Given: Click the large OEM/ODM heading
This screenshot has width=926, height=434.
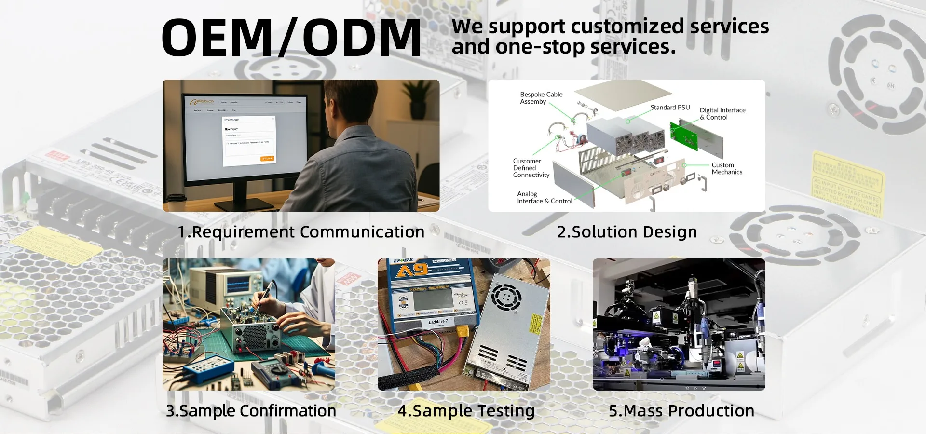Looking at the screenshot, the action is click(291, 38).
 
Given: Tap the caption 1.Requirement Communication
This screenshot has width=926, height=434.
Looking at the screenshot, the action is click(301, 232).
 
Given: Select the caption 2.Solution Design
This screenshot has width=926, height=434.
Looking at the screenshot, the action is click(626, 232).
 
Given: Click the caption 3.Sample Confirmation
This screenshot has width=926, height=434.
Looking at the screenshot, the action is click(251, 411).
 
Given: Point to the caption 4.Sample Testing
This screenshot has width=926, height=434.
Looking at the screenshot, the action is click(466, 411).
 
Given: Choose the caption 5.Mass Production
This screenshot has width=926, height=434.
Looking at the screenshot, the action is click(681, 411).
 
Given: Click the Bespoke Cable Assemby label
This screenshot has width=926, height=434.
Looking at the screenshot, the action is click(541, 98).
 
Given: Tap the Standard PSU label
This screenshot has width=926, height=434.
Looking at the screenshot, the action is click(670, 108).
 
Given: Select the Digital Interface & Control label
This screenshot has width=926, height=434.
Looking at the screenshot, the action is click(722, 114).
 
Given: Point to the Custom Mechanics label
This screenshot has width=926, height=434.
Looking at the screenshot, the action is click(726, 168).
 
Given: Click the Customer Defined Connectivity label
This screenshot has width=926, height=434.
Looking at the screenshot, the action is click(531, 168).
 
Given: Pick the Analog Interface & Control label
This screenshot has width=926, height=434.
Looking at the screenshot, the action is click(544, 198).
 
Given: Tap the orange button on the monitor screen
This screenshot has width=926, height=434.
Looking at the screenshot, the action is click(267, 159).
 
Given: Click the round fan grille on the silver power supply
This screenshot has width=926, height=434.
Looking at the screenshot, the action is click(506, 297).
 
